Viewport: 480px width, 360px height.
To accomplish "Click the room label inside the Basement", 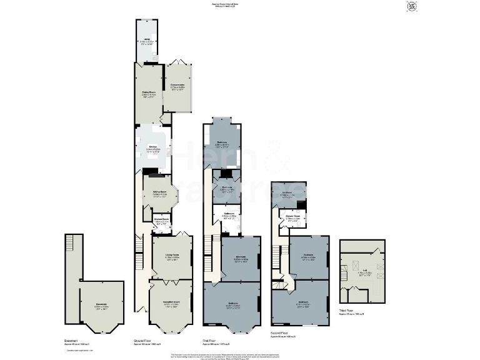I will (x=101, y=306).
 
